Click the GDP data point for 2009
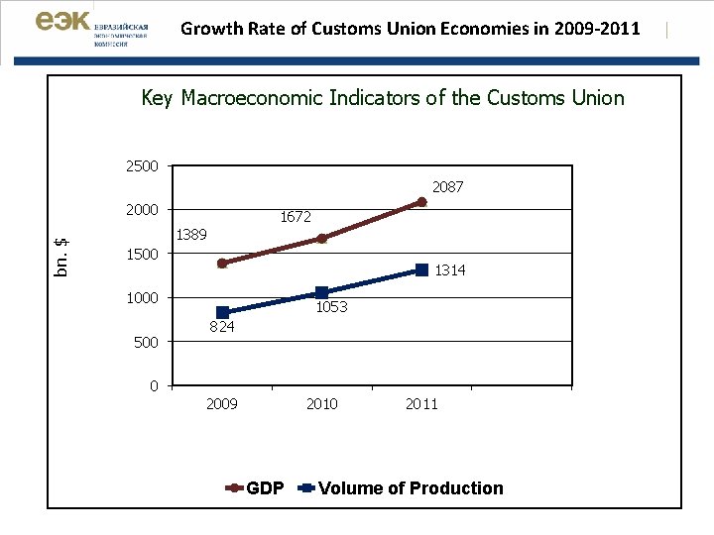tap(222, 264)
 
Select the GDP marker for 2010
tap(321, 239)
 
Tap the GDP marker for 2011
tap(421, 202)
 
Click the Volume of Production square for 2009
tap(222, 313)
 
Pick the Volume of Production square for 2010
tap(321, 293)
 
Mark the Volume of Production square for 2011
tap(421, 269)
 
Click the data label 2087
tap(447, 186)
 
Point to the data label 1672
tap(296, 216)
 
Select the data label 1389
tap(190, 235)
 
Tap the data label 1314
tap(449, 270)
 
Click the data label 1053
tap(331, 307)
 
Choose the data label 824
tap(222, 327)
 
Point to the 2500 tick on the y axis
tap(142, 165)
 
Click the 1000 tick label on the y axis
tap(142, 297)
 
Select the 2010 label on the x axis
tap(321, 403)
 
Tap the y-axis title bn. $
tap(61, 257)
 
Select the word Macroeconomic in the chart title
tap(263, 98)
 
